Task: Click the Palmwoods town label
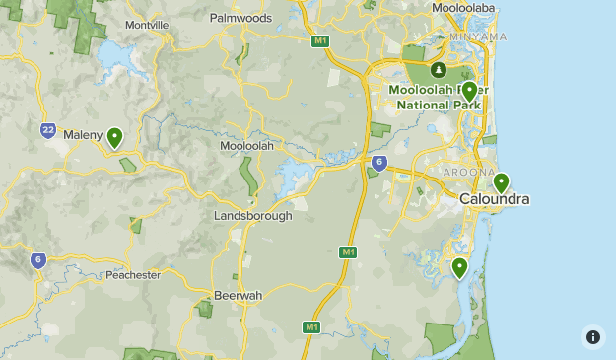pyautogui.click(x=241, y=17)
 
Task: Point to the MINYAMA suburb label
pyautogui.click(x=477, y=36)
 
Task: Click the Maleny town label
pyautogui.click(x=83, y=133)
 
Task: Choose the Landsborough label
pyautogui.click(x=253, y=215)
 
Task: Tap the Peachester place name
pyautogui.click(x=132, y=275)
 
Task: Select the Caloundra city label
pyautogui.click(x=495, y=199)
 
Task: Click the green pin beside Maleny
pyautogui.click(x=115, y=137)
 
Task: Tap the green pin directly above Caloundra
pyautogui.click(x=501, y=182)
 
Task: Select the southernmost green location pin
pyautogui.click(x=459, y=267)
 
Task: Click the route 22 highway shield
pyautogui.click(x=48, y=129)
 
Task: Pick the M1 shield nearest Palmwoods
pyautogui.click(x=320, y=40)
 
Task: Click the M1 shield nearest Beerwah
pyautogui.click(x=310, y=326)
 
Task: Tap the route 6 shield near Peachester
pyautogui.click(x=37, y=260)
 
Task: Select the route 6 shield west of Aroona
pyautogui.click(x=379, y=163)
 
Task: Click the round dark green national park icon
pyautogui.click(x=439, y=69)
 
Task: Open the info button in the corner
pyautogui.click(x=592, y=337)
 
